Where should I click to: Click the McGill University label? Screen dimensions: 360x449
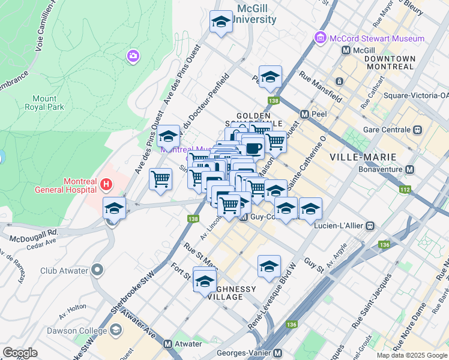point(256,14)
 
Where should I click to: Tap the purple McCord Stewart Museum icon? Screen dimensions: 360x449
point(320,38)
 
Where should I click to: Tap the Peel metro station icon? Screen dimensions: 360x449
point(305,113)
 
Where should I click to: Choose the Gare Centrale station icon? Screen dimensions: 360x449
point(417,130)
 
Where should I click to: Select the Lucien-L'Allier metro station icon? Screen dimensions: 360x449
point(371,226)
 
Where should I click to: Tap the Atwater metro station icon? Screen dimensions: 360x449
point(168,344)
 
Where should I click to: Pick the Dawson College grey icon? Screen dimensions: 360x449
point(115,329)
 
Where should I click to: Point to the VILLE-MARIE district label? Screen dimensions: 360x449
point(363,157)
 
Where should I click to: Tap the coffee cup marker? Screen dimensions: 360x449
point(253,147)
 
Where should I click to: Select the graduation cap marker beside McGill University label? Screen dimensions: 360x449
point(221,23)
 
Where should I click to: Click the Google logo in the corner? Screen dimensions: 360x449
point(20,352)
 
